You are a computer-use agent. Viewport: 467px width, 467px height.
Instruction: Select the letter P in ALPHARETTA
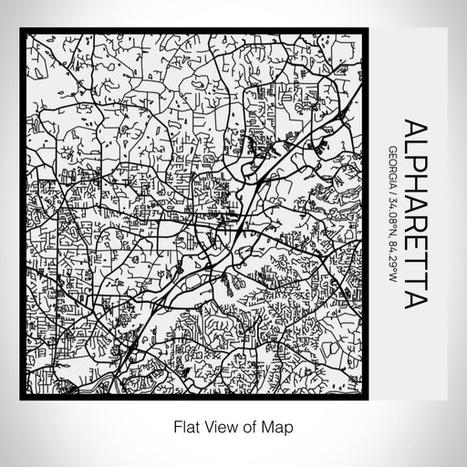(x=414, y=165)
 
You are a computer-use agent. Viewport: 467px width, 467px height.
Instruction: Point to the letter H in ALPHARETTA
(x=414, y=185)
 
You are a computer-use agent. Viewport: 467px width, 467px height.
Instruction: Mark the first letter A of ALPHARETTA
(x=414, y=129)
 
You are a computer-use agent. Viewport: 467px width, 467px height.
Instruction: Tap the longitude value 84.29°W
(x=391, y=264)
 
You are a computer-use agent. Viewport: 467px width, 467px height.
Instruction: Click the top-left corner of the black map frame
(x=22, y=29)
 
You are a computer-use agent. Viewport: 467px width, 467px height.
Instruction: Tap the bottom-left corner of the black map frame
(x=22, y=399)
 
